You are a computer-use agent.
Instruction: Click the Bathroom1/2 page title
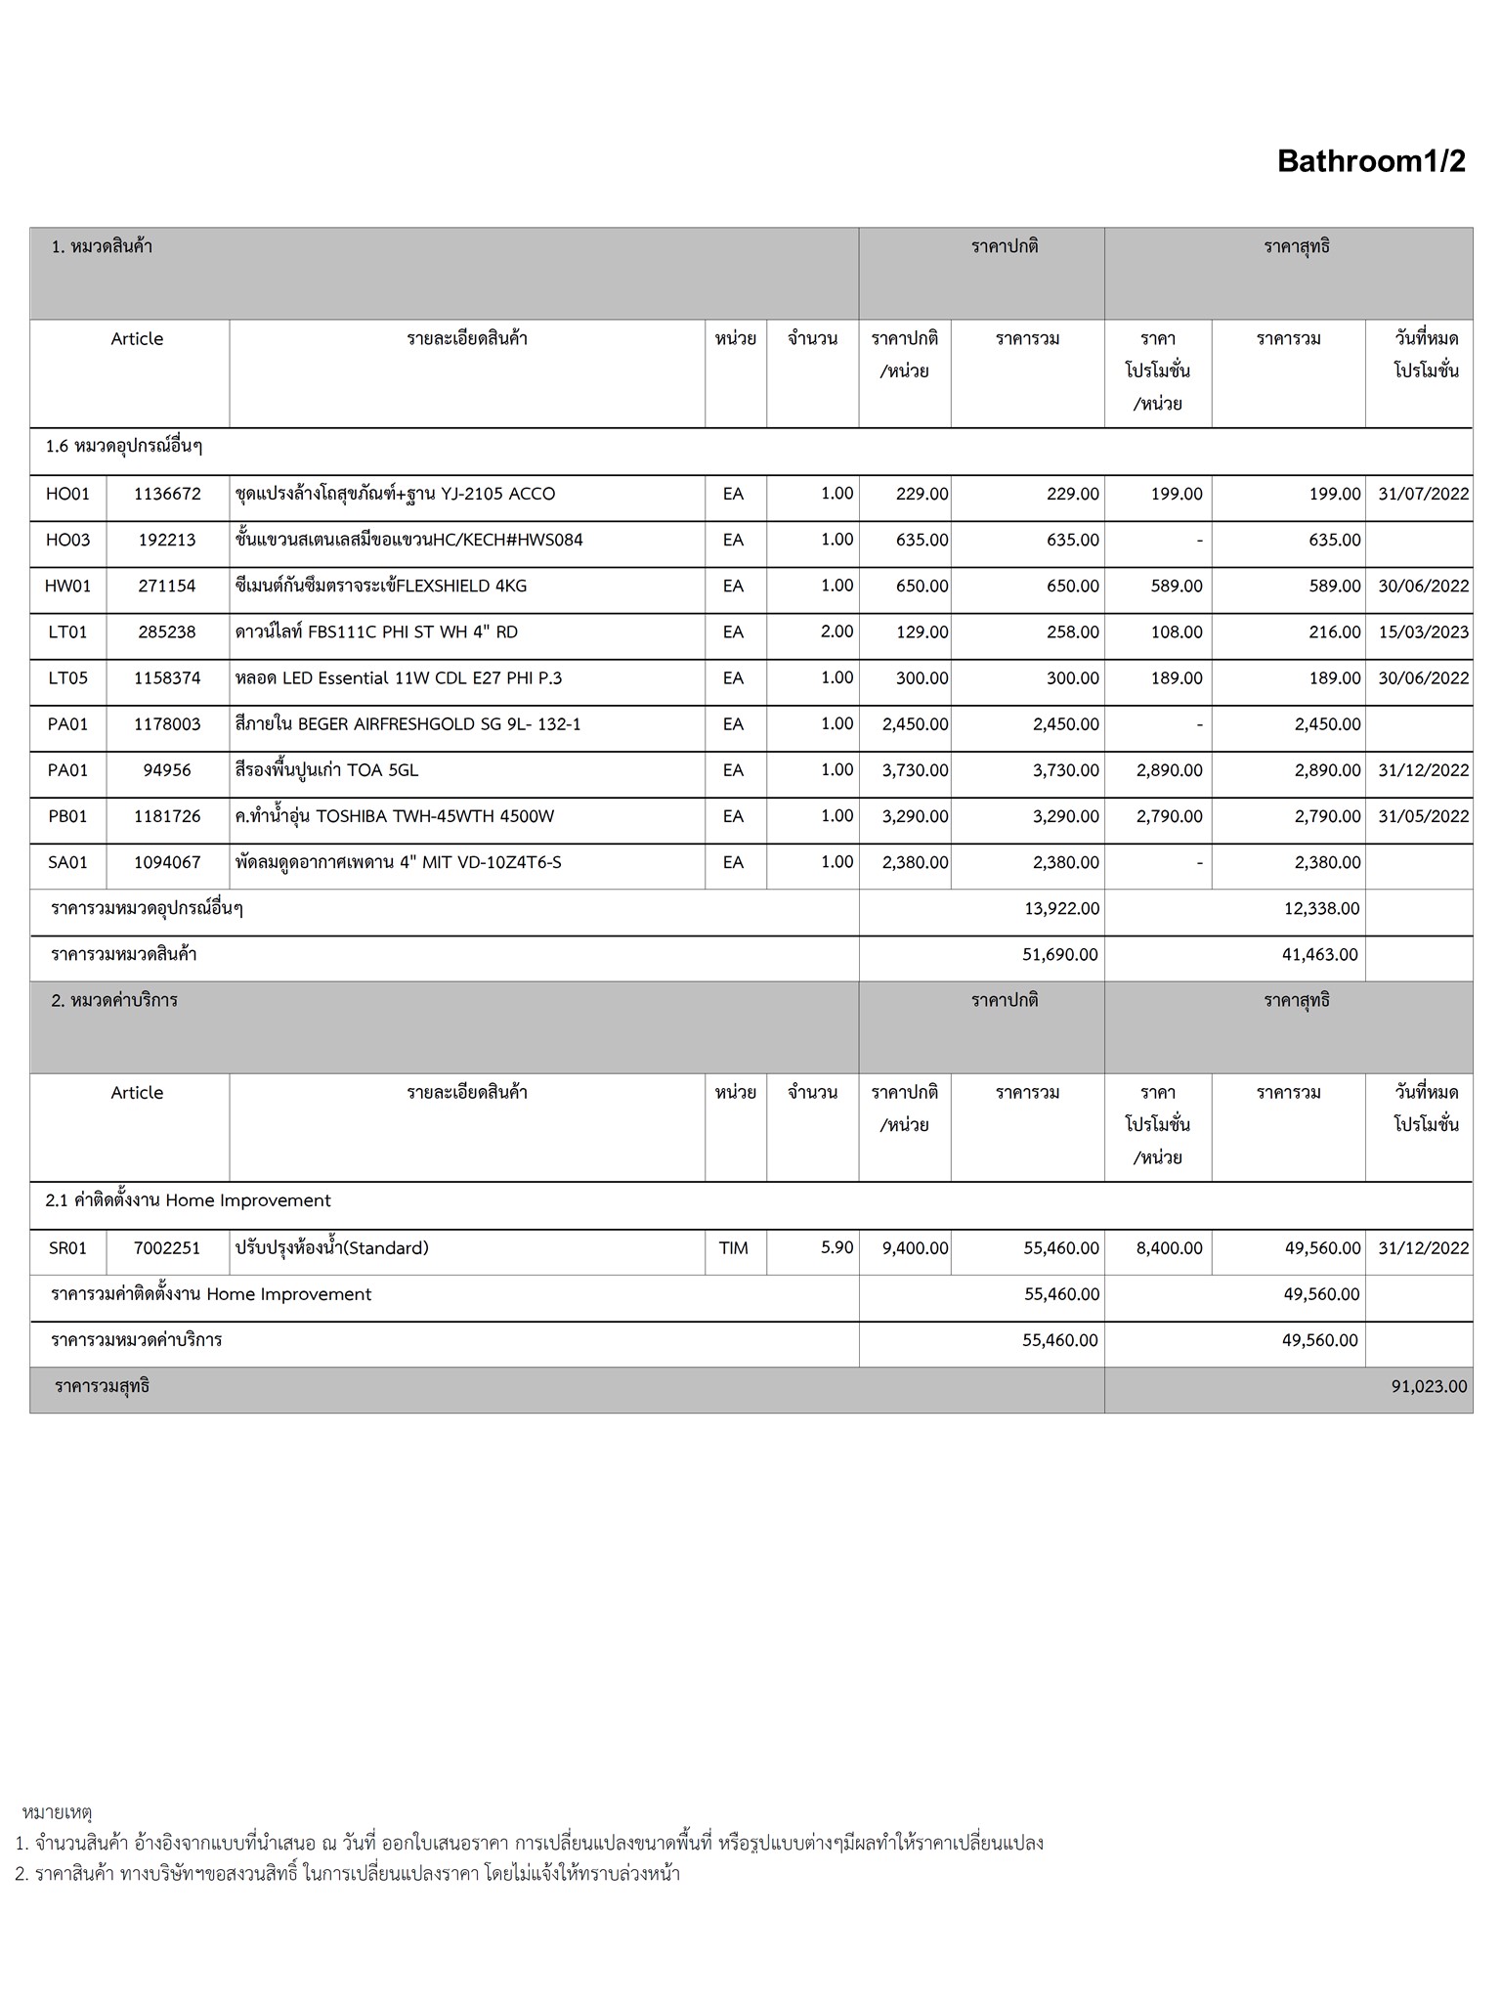pyautogui.click(x=1370, y=161)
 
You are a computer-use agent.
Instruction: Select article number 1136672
pyautogui.click(x=167, y=495)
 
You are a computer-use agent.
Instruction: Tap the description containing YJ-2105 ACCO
pyautogui.click(x=395, y=495)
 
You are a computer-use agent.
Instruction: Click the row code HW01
pyautogui.click(x=67, y=587)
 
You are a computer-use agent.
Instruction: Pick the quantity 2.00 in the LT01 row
pyautogui.click(x=836, y=632)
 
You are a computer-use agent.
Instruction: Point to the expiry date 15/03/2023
pyautogui.click(x=1423, y=632)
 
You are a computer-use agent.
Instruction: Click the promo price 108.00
pyautogui.click(x=1176, y=632)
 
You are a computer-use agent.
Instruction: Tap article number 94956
pyautogui.click(x=167, y=771)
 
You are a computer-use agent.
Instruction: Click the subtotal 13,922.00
pyautogui.click(x=1061, y=909)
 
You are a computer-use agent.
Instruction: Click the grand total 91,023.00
pyautogui.click(x=1429, y=1387)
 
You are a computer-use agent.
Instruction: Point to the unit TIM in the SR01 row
pyautogui.click(x=733, y=1248)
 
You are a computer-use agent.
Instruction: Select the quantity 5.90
pyautogui.click(x=836, y=1248)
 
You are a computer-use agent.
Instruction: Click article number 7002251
pyautogui.click(x=167, y=1248)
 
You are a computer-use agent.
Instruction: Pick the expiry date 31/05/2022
pyautogui.click(x=1423, y=817)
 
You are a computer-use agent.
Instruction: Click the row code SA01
pyautogui.click(x=67, y=863)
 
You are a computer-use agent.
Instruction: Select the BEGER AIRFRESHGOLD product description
pyautogui.click(x=407, y=724)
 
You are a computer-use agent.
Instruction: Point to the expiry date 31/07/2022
pyautogui.click(x=1423, y=495)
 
